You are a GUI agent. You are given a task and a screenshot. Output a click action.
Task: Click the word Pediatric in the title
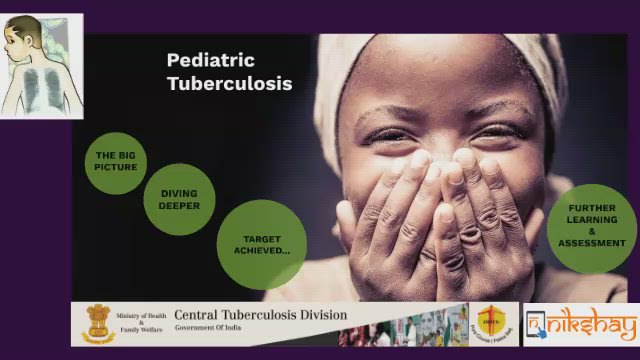tap(210, 62)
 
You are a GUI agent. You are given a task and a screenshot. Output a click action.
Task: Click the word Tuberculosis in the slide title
tap(229, 84)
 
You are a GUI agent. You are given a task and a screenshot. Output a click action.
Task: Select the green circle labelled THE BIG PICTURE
tap(116, 161)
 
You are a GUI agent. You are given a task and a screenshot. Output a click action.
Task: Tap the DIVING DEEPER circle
tap(179, 199)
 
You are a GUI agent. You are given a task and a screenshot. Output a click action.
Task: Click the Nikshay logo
tap(580, 324)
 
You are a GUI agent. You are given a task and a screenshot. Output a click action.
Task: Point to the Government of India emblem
tap(99, 322)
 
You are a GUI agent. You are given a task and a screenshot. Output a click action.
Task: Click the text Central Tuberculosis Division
tap(261, 315)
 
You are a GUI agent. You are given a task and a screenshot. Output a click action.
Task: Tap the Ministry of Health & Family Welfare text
tap(141, 322)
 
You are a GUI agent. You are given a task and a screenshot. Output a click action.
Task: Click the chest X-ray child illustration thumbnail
tap(41, 66)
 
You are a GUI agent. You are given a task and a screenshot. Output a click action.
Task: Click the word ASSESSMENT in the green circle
tap(592, 244)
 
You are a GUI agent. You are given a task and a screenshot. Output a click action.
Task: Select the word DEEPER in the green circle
tap(179, 206)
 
